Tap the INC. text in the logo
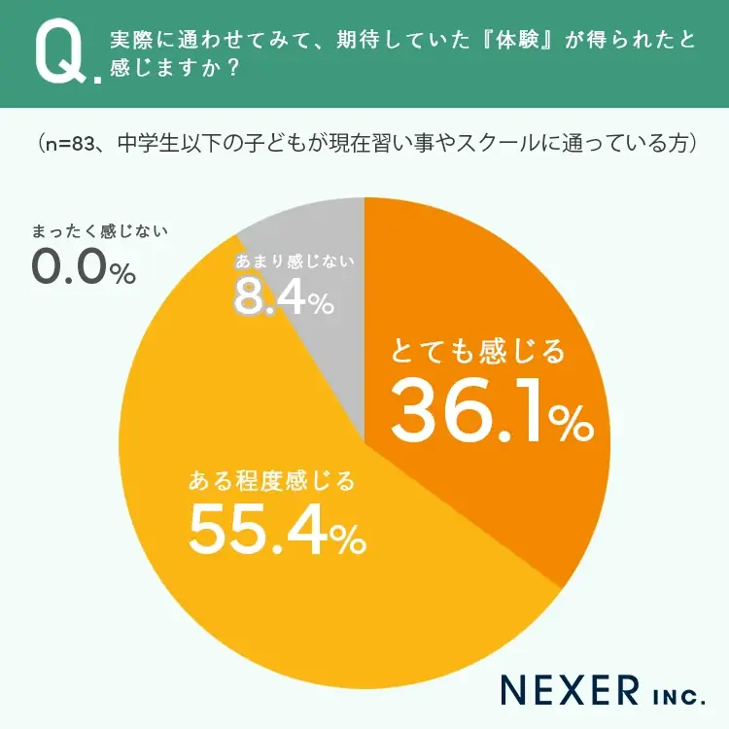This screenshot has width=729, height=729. [673, 694]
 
